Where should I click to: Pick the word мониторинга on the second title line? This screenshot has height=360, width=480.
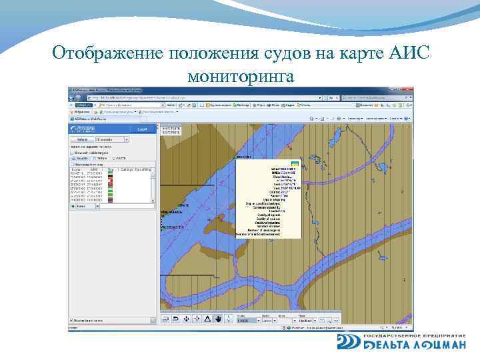coord(241,76)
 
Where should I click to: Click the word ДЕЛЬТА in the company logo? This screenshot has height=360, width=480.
coord(387,345)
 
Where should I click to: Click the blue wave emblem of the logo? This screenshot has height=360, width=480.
coord(348,341)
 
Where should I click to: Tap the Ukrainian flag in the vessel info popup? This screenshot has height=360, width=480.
coord(294,163)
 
